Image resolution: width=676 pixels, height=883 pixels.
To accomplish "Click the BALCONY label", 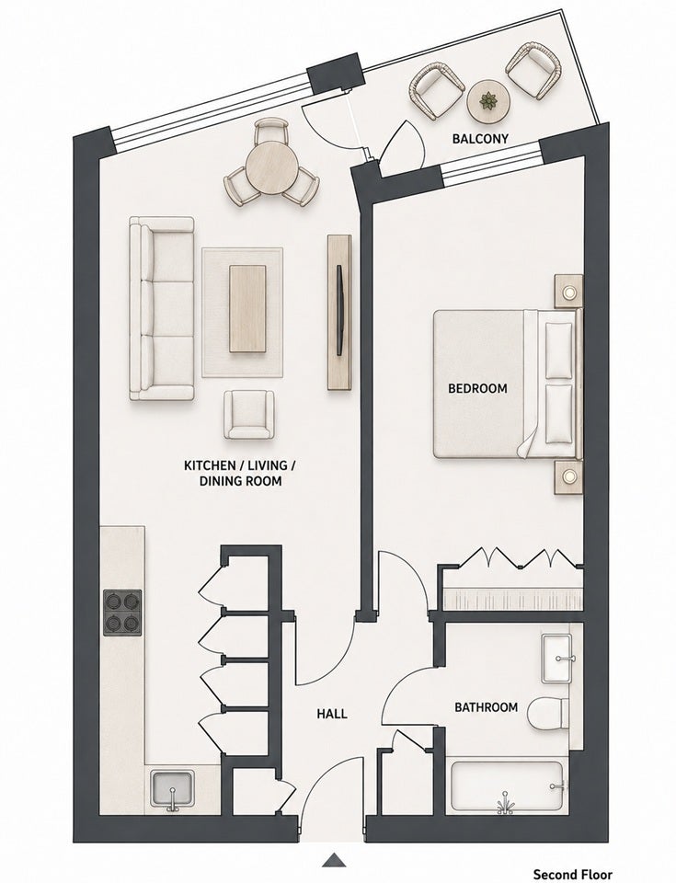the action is click(x=480, y=138).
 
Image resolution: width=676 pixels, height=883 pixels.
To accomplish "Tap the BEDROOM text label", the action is click(x=477, y=388).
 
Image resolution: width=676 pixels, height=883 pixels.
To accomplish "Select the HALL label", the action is click(x=332, y=714).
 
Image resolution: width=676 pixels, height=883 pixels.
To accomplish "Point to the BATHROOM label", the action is click(x=487, y=706).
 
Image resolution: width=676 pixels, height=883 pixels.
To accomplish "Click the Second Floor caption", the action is click(x=572, y=874).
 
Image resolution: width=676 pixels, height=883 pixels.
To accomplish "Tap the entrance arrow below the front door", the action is click(x=335, y=860).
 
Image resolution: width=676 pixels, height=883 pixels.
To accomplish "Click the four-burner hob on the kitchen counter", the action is click(x=123, y=613).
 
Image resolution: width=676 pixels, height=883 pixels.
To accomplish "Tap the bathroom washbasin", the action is click(x=557, y=659).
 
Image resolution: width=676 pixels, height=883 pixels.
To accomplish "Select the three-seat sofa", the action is click(x=162, y=309).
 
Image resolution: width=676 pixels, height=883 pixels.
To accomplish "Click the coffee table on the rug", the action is click(x=248, y=309).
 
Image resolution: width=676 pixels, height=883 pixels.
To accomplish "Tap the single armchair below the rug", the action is click(x=249, y=415).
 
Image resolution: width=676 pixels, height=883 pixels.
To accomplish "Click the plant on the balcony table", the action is click(x=487, y=101).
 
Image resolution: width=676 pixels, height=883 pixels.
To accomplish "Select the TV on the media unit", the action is click(x=339, y=310).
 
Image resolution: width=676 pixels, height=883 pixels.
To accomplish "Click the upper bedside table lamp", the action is click(x=568, y=292).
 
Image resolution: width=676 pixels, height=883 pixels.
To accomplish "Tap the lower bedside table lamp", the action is click(x=568, y=477).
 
